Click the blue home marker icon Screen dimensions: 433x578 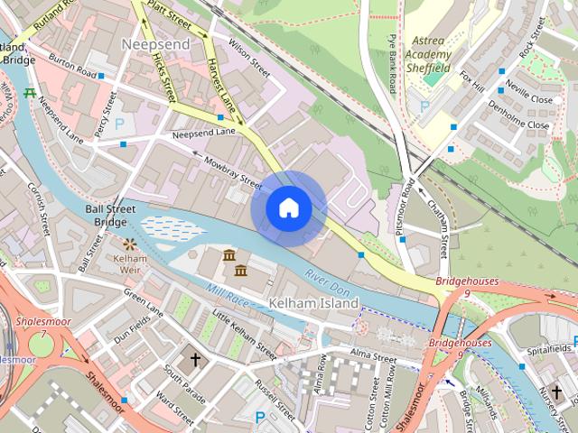[288, 208]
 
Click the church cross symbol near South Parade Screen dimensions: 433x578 [194, 359]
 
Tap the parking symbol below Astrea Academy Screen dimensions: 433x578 [424, 106]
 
